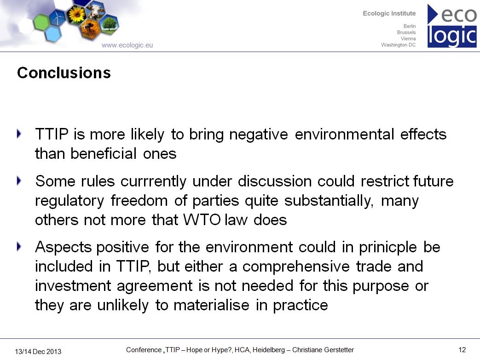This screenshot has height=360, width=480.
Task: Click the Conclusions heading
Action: click(x=64, y=73)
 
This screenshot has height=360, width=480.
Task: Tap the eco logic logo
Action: click(x=452, y=26)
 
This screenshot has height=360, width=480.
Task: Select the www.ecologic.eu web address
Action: click(x=127, y=45)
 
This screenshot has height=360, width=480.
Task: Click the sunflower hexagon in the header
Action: click(x=76, y=14)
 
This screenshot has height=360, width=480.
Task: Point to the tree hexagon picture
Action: click(x=109, y=24)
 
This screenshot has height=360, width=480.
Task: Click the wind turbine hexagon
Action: click(x=58, y=17)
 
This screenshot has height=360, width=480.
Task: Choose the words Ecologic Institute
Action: click(x=389, y=13)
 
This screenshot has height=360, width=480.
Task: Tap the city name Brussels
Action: click(x=406, y=32)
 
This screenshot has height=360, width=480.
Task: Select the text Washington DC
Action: click(x=398, y=45)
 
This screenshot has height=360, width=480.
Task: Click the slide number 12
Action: click(x=462, y=350)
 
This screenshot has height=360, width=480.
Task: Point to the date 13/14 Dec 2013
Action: click(x=38, y=352)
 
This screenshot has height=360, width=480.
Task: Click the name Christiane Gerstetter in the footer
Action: click(x=323, y=350)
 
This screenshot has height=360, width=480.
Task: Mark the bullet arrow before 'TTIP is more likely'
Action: click(x=19, y=134)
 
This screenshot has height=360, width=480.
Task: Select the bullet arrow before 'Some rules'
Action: click(x=19, y=181)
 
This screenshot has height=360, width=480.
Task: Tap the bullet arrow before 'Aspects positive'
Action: click(x=19, y=247)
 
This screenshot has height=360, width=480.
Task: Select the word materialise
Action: click(x=211, y=305)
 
